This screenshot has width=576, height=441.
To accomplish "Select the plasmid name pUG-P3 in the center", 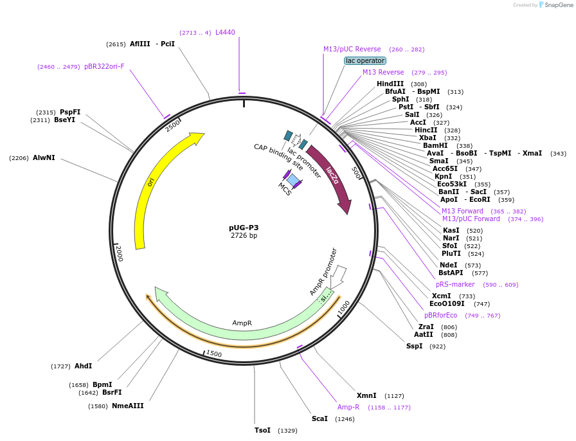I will pyautogui.click(x=244, y=228).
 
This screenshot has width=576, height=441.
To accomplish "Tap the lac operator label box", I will pyautogui.click(x=365, y=61).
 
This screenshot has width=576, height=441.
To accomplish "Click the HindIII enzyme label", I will pyautogui.click(x=390, y=84).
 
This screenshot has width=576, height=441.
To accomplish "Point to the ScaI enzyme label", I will pyautogui.click(x=319, y=419).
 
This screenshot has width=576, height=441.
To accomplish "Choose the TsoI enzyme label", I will pyautogui.click(x=262, y=430).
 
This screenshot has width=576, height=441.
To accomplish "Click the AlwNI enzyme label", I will pyautogui.click(x=44, y=157).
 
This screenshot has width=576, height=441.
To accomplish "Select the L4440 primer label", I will pyautogui.click(x=225, y=32).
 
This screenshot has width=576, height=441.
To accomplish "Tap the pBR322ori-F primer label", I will pyautogui.click(x=104, y=66).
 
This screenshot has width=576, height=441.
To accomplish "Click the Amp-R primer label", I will pyautogui.click(x=348, y=407).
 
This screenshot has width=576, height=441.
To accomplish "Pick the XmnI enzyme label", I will pyautogui.click(x=366, y=395).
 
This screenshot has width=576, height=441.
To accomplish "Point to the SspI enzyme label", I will pyautogui.click(x=414, y=346).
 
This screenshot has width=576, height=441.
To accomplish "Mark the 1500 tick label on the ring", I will pyautogui.click(x=213, y=354).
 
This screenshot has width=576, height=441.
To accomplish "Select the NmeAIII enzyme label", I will pyautogui.click(x=128, y=406).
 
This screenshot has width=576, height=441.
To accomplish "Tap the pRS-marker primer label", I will pyautogui.click(x=455, y=284).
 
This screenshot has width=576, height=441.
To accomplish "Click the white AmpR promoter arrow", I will pyautogui.click(x=339, y=276).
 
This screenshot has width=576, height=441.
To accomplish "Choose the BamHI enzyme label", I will pyautogui.click(x=435, y=145).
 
